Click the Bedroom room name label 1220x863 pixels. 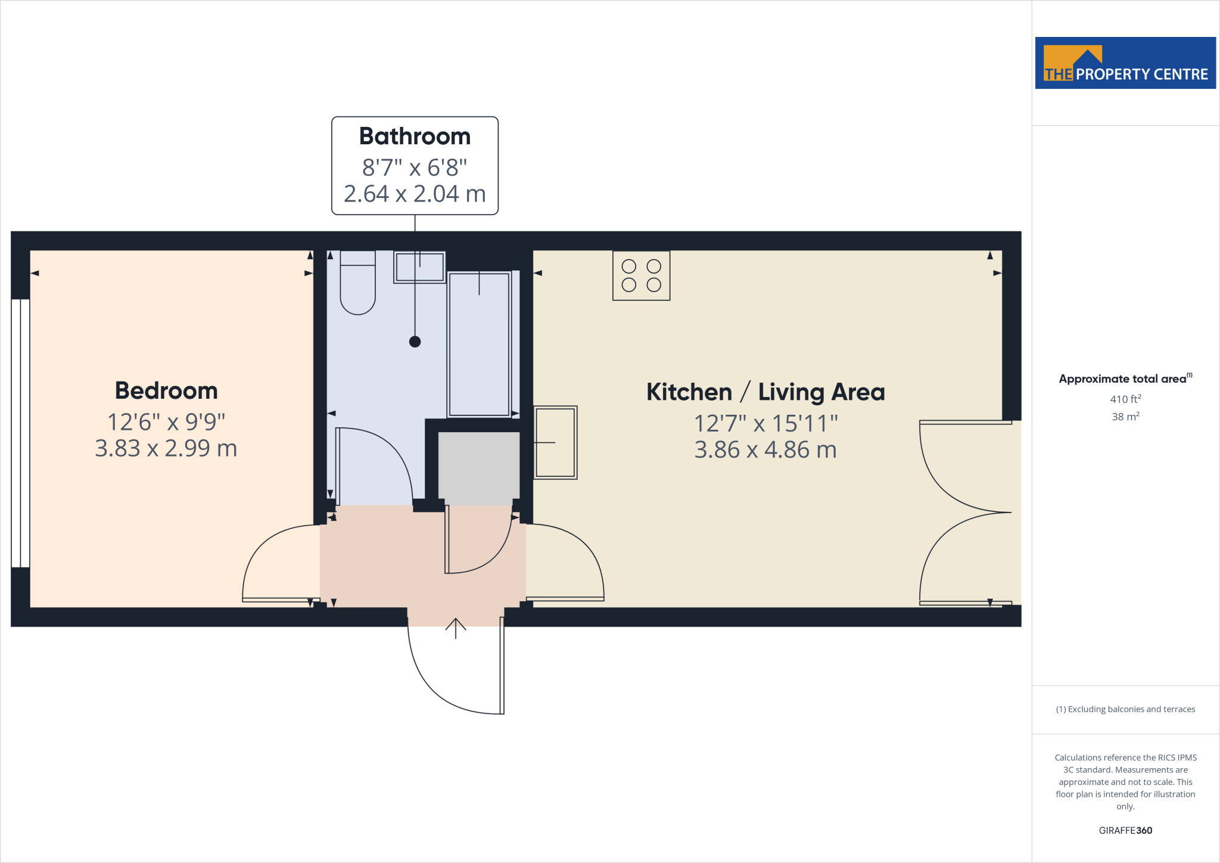[x=166, y=391]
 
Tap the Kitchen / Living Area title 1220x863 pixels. [x=765, y=392]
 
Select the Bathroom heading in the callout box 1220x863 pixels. [x=415, y=136]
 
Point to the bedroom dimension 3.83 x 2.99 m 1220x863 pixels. [x=166, y=448]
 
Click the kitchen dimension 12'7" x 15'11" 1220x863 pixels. [x=765, y=424]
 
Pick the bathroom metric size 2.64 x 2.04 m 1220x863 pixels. [x=415, y=194]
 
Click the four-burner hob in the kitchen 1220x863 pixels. [x=641, y=275]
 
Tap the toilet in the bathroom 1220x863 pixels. [x=357, y=283]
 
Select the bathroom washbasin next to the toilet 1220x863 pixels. [x=419, y=267]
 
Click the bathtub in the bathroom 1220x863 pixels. [x=479, y=344]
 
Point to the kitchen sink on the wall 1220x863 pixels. [x=555, y=442]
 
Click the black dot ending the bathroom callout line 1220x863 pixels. [x=415, y=342]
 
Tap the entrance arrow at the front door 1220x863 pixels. [x=456, y=628]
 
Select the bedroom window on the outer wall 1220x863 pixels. [x=20, y=433]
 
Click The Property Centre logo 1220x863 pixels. [x=1125, y=63]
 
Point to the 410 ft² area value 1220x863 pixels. [x=1125, y=399]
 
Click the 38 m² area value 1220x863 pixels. [x=1125, y=417]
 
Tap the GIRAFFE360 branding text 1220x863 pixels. [x=1125, y=830]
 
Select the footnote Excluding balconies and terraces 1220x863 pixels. [x=1125, y=709]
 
